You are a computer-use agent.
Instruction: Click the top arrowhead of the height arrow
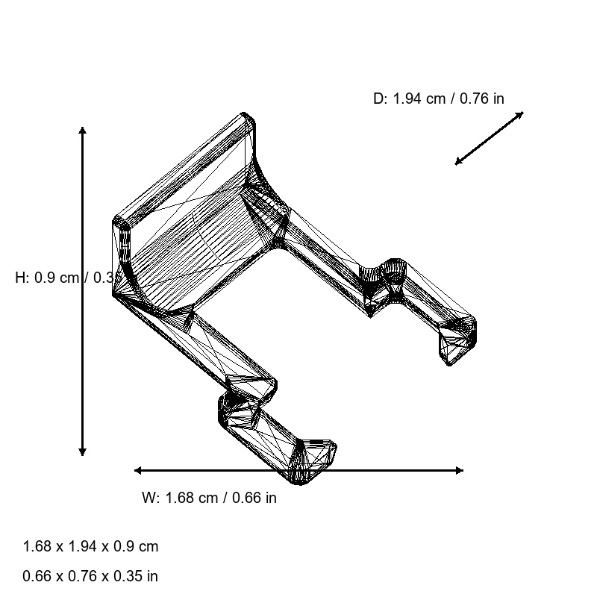click(x=82, y=130)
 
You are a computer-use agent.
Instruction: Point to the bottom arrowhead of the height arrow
click(x=82, y=453)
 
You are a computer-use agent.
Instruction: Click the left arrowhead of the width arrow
click(x=137, y=470)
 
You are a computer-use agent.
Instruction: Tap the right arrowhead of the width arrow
click(x=460, y=470)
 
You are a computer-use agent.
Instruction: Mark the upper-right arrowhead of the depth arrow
click(x=521, y=113)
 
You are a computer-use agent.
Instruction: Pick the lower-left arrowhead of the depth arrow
click(x=457, y=162)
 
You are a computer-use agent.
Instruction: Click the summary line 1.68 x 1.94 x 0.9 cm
click(x=90, y=546)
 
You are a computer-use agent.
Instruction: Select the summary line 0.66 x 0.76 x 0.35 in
click(x=90, y=576)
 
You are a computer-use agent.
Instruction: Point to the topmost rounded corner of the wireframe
click(x=247, y=116)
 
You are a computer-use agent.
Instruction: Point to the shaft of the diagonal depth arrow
click(x=490, y=138)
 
